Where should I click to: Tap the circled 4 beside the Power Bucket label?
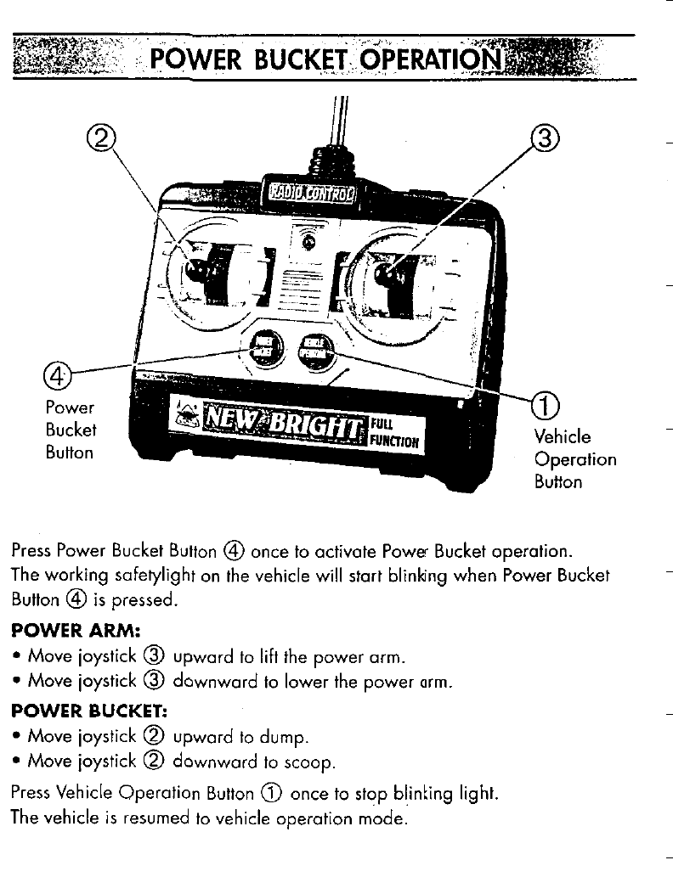point(58,374)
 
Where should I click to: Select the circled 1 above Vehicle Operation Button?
point(542,405)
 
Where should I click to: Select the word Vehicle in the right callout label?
point(562,436)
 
